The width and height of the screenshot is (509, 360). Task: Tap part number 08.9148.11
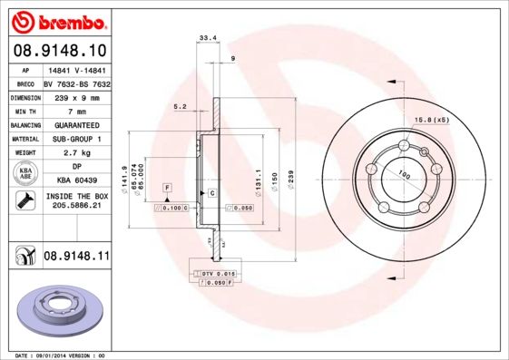point(77,258)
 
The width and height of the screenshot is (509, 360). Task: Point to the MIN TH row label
point(24,111)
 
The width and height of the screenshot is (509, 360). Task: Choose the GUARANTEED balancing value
point(77,124)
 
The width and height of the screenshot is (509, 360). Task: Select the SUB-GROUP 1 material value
point(77,139)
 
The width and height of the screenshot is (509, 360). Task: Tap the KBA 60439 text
point(77,181)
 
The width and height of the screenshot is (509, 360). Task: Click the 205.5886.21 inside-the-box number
point(77,207)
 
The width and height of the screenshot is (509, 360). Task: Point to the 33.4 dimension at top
point(206,38)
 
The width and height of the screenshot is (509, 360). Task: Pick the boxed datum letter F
point(167,187)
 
